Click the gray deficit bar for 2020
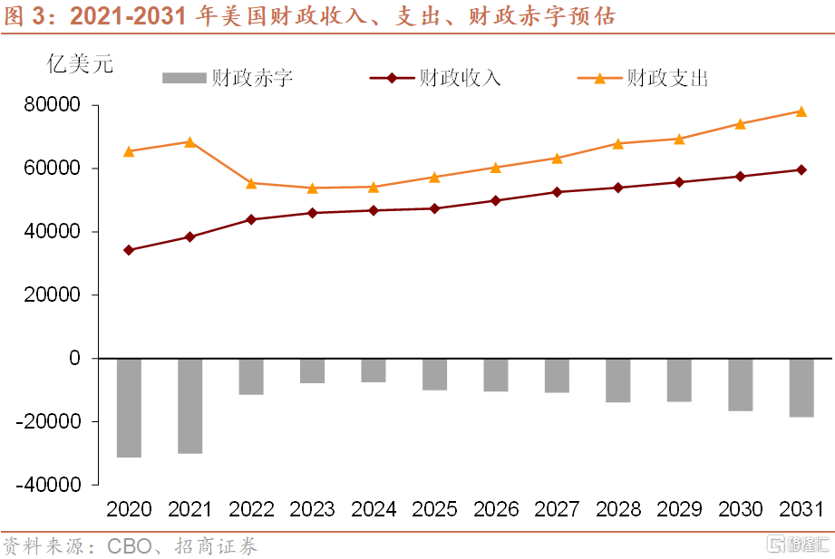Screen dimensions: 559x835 coord(129,408)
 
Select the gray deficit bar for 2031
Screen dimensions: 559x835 coord(801,388)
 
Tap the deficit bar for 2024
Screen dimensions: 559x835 coord(374,371)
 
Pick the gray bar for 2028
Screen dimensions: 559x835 coord(618,381)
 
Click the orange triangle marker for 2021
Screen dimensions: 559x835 coord(189,141)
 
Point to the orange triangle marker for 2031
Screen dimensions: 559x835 coord(801,111)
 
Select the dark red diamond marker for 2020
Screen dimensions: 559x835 coord(129,250)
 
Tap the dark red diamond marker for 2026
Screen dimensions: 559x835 coord(496,200)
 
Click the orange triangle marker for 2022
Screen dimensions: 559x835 coord(251,183)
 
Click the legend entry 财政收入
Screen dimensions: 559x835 coord(435,78)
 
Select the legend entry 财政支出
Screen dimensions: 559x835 coord(643,78)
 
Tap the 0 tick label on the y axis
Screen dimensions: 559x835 coord(74,359)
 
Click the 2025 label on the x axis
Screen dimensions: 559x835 coord(434,509)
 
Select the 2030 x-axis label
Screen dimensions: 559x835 coord(741,509)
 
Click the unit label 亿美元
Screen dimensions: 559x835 coord(80,64)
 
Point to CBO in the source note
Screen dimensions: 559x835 coord(126,546)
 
